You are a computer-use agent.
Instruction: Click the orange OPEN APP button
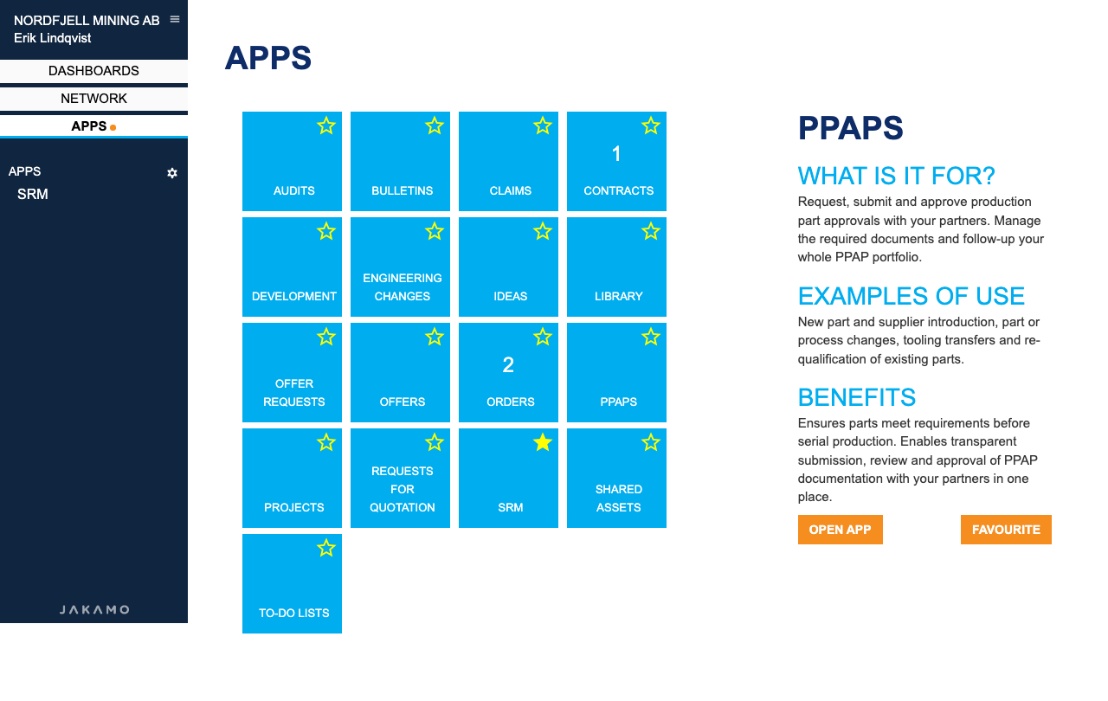(x=840, y=530)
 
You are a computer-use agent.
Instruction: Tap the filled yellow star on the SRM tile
(x=543, y=442)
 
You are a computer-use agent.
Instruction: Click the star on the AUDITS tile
(x=326, y=125)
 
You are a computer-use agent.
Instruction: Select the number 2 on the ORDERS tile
(x=508, y=365)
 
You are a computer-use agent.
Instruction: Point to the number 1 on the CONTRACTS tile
(x=616, y=154)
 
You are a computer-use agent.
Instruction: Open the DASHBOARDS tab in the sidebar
(x=93, y=71)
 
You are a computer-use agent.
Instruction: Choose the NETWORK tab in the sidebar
(x=93, y=99)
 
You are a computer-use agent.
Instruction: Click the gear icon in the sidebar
(x=172, y=173)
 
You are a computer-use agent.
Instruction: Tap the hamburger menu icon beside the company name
(x=175, y=19)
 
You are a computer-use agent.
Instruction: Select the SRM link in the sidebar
(x=33, y=194)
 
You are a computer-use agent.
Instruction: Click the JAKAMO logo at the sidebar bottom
(x=94, y=609)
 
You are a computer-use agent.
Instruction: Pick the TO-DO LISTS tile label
(x=293, y=613)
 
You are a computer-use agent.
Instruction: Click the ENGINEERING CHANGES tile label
(x=403, y=287)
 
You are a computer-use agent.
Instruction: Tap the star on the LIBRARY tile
(x=651, y=231)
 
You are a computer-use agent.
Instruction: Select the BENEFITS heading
(x=857, y=397)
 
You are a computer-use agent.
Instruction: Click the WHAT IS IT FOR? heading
(x=896, y=176)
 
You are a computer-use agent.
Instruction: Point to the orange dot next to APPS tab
(x=113, y=127)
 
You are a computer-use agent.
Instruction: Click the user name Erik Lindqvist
(x=53, y=38)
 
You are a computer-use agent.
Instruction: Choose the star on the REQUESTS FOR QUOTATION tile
(x=435, y=442)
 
